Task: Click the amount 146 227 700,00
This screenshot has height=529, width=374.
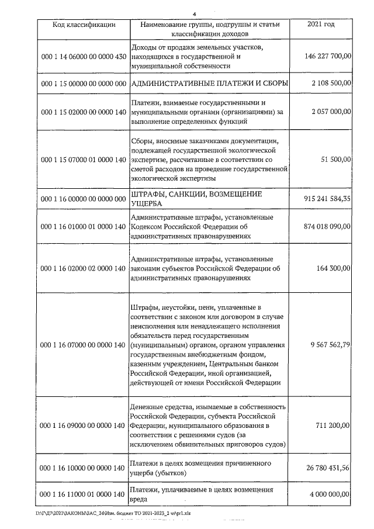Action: pos(328,57)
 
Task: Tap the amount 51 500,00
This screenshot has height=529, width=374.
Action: pos(336,159)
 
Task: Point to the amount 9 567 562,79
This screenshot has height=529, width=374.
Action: pos(331,345)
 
